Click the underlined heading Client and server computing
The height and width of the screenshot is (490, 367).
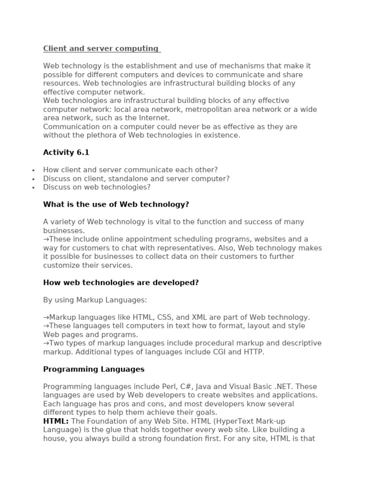coord(101,48)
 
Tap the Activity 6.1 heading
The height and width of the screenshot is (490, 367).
coord(66,153)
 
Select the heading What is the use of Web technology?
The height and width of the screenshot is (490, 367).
coord(116,204)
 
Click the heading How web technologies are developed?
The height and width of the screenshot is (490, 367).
coord(121,282)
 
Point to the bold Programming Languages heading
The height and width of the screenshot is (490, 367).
coord(94,369)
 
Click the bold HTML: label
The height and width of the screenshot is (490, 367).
coord(56,421)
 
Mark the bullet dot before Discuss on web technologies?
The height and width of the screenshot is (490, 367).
coord(33,188)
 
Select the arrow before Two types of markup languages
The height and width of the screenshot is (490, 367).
coord(46,343)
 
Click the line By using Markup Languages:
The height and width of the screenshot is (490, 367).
coord(95,300)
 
